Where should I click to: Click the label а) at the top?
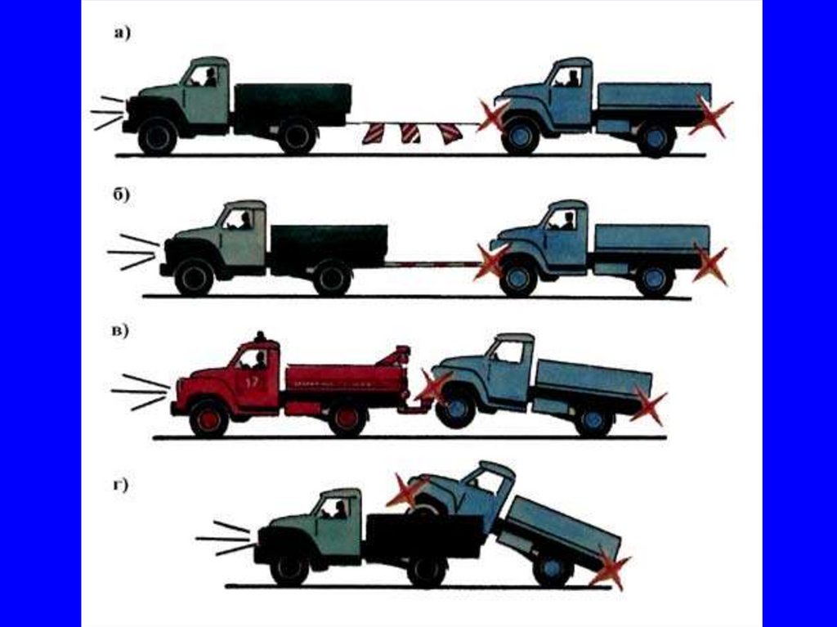[x=123, y=34]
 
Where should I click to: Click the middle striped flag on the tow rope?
[x=410, y=133]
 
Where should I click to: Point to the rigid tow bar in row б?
[x=432, y=264]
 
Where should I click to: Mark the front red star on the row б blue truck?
[x=491, y=262]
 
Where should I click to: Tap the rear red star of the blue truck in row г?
[x=610, y=567]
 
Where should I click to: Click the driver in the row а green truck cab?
[x=210, y=78]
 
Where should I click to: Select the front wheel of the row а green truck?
[x=157, y=136]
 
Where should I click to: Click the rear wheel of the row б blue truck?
[x=655, y=280]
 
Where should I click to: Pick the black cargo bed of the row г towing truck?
[x=422, y=535]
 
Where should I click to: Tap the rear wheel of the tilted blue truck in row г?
[x=553, y=568]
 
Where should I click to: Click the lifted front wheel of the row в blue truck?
[x=455, y=408]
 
